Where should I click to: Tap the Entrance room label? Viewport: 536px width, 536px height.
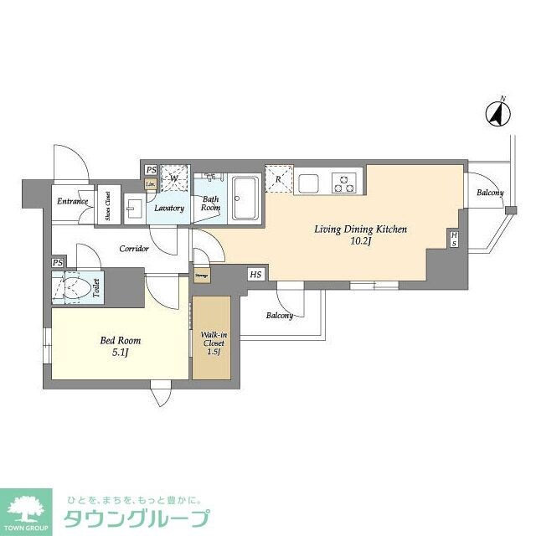72,202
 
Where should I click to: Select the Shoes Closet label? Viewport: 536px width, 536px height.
108,206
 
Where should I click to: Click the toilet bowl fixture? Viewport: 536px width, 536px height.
76,289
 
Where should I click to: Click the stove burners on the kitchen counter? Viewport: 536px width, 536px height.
344,181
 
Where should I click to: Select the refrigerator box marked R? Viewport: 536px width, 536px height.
278,178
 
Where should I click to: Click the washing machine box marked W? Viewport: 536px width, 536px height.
174,178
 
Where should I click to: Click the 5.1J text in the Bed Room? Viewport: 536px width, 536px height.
120,353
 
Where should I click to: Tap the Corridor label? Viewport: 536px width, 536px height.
134,249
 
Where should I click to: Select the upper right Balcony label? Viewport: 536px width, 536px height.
490,193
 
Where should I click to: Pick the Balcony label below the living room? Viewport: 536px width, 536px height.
280,316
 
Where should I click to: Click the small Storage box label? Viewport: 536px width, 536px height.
202,275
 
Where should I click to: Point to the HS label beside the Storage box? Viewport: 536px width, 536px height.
255,273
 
